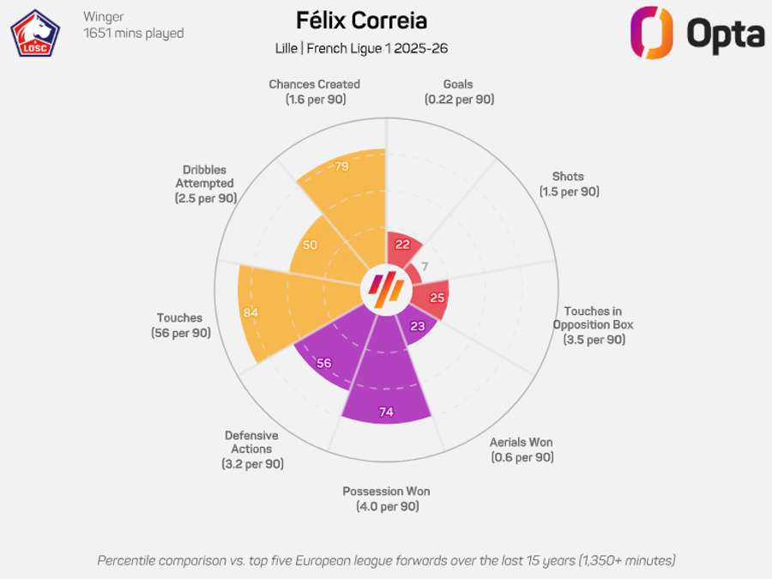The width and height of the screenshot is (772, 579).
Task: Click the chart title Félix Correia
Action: (x=361, y=21)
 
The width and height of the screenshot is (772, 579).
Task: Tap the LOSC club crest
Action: (x=34, y=33)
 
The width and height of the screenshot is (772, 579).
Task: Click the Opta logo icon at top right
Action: (x=652, y=33)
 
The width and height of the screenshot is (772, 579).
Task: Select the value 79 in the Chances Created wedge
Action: (x=341, y=166)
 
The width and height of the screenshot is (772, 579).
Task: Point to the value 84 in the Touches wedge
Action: (x=250, y=312)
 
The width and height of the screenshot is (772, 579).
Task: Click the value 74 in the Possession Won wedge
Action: (x=386, y=413)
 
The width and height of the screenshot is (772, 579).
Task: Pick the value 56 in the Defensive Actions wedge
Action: (x=323, y=363)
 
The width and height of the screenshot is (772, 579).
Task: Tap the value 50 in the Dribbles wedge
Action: (x=310, y=244)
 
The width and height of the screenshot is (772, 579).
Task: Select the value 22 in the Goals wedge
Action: (x=402, y=244)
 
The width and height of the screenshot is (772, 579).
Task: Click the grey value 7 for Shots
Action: (x=424, y=266)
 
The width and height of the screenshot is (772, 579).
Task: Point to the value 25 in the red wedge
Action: (x=437, y=299)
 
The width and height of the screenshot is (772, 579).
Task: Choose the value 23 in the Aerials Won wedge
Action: (x=418, y=326)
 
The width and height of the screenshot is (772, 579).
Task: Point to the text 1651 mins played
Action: (x=133, y=33)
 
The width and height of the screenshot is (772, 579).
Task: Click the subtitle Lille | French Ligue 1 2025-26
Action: (x=361, y=49)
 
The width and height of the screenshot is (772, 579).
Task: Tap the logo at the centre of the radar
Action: (x=385, y=289)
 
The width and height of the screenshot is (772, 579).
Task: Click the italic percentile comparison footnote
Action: (x=386, y=560)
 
